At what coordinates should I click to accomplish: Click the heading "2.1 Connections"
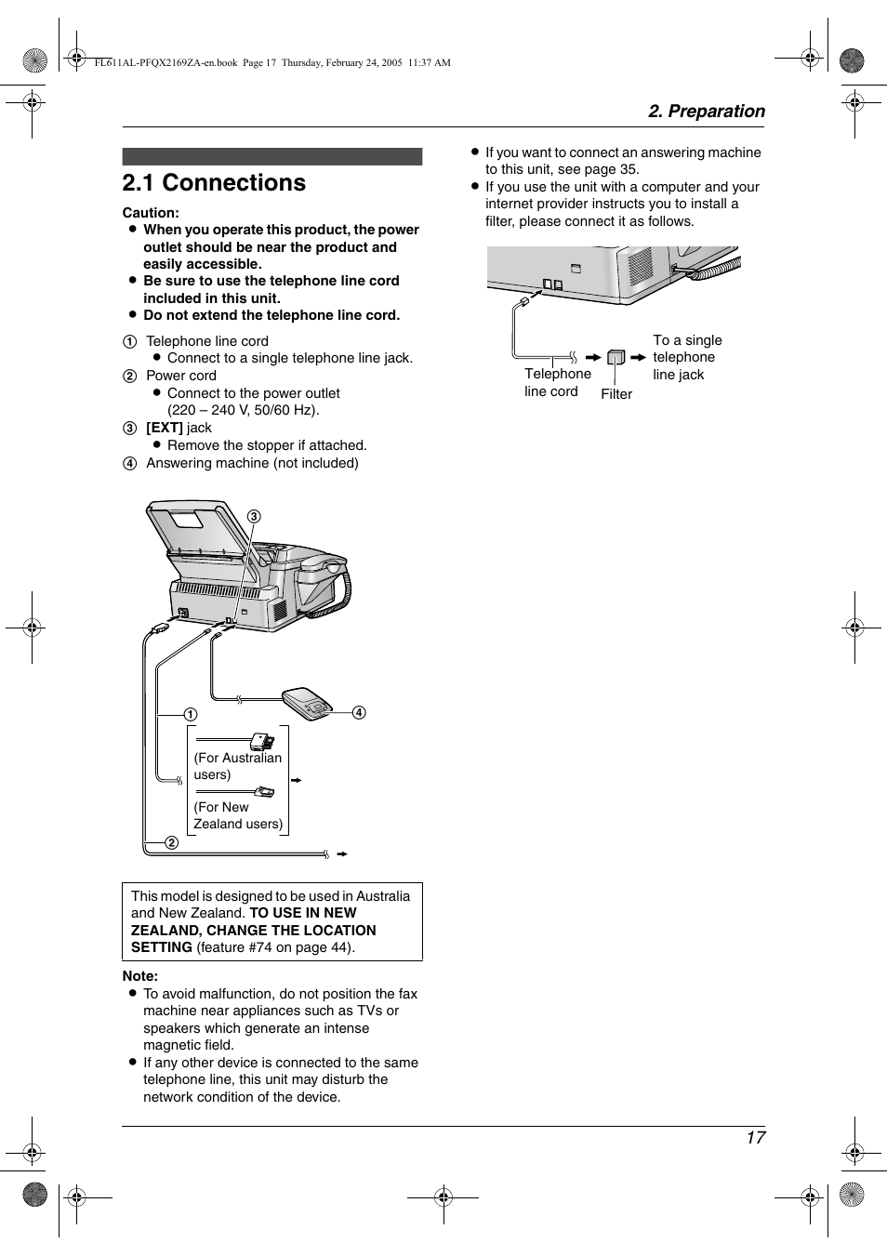click(214, 183)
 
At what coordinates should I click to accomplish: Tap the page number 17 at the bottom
click(755, 1138)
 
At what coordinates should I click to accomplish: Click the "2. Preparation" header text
click(707, 112)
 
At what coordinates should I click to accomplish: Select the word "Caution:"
click(151, 213)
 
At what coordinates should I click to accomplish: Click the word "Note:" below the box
click(140, 976)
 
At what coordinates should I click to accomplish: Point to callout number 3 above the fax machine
click(254, 517)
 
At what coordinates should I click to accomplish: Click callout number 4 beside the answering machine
click(359, 713)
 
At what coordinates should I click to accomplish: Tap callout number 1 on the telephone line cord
click(190, 715)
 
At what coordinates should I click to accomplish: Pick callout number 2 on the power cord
click(172, 843)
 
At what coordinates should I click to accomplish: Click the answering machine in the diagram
click(308, 702)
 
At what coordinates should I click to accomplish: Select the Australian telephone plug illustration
click(261, 742)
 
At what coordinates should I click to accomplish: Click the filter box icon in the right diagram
click(616, 357)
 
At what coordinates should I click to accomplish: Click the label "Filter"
click(616, 394)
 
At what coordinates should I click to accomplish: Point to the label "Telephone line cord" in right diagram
click(557, 382)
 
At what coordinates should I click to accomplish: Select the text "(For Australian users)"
click(237, 766)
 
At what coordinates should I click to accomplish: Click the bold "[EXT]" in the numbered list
click(165, 428)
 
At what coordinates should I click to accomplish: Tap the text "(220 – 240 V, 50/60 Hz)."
click(243, 410)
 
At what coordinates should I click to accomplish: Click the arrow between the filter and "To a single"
click(638, 357)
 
